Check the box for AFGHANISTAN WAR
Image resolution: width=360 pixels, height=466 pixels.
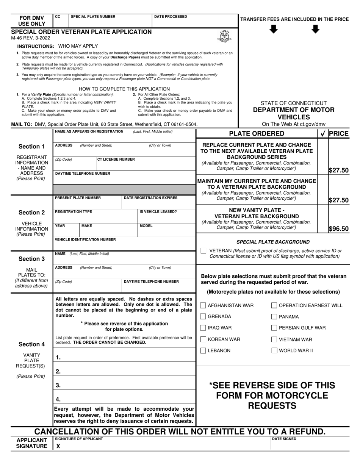pos(203,305)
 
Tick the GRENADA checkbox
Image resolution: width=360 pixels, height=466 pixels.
pos(203,317)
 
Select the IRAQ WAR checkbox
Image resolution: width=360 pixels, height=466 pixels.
pos(203,328)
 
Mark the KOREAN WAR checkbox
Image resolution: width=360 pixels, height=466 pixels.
pos(203,339)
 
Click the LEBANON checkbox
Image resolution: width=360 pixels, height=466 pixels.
pos(203,351)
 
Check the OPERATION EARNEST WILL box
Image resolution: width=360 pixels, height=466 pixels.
pos(274,305)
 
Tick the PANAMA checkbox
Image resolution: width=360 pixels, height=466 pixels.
pos(274,317)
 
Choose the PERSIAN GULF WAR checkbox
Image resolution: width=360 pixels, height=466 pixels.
pos(274,328)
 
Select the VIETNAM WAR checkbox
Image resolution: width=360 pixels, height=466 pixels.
pos(274,339)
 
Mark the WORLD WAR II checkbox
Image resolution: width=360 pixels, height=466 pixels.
pos(274,351)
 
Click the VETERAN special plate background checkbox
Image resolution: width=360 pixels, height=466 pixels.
pos(203,251)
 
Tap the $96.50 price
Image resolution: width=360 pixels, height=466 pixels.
pos(338,229)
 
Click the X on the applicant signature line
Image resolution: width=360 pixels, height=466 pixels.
pos(58,446)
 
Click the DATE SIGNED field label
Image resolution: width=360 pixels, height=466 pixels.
pos(284,439)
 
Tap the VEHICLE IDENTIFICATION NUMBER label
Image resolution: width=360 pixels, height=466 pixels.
pos(85,239)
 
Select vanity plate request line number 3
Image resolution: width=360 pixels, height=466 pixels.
pos(58,385)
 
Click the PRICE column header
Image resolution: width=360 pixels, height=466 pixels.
pos(338,133)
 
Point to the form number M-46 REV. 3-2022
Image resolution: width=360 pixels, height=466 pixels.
pos(31,38)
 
